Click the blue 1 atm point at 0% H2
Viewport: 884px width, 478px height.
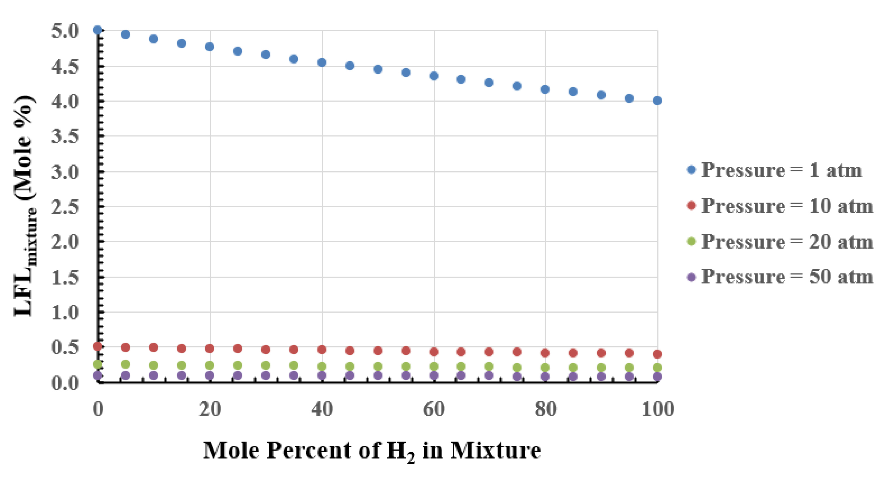pyautogui.click(x=98, y=30)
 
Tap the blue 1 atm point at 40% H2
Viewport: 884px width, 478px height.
pyautogui.click(x=322, y=62)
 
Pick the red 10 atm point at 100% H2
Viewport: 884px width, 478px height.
pyautogui.click(x=657, y=354)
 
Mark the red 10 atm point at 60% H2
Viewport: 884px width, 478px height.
pyautogui.click(x=434, y=352)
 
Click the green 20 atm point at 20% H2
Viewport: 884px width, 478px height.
pyautogui.click(x=210, y=365)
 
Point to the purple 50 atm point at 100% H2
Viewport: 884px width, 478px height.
pyautogui.click(x=657, y=377)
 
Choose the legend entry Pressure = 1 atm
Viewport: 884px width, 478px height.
pyautogui.click(x=775, y=170)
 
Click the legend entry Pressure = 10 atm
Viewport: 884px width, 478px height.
pyautogui.click(x=780, y=206)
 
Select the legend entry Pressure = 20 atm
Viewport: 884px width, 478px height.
pyautogui.click(x=780, y=241)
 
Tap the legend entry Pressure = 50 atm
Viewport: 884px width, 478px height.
pyautogui.click(x=780, y=277)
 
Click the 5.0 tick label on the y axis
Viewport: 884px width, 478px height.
pyautogui.click(x=65, y=31)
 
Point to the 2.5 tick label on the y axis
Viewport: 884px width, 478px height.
pyautogui.click(x=65, y=207)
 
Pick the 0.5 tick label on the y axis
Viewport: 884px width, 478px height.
pyautogui.click(x=65, y=347)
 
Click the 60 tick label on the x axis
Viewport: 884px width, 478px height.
pyautogui.click(x=434, y=409)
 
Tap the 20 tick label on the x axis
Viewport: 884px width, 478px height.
pyautogui.click(x=210, y=409)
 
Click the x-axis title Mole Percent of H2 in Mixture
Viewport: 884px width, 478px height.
pyautogui.click(x=372, y=451)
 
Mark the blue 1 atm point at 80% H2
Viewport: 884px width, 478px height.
pyautogui.click(x=545, y=90)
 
